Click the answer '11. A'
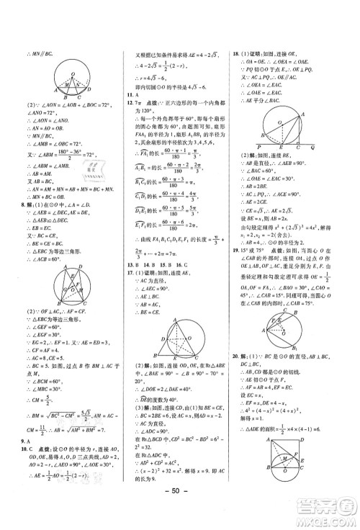coord(130,94)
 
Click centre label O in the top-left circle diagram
coord(66,82)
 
